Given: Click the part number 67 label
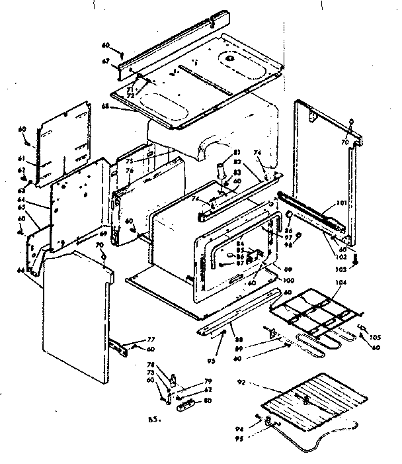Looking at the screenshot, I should coord(106,61).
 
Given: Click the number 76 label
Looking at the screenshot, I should coord(130,171).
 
